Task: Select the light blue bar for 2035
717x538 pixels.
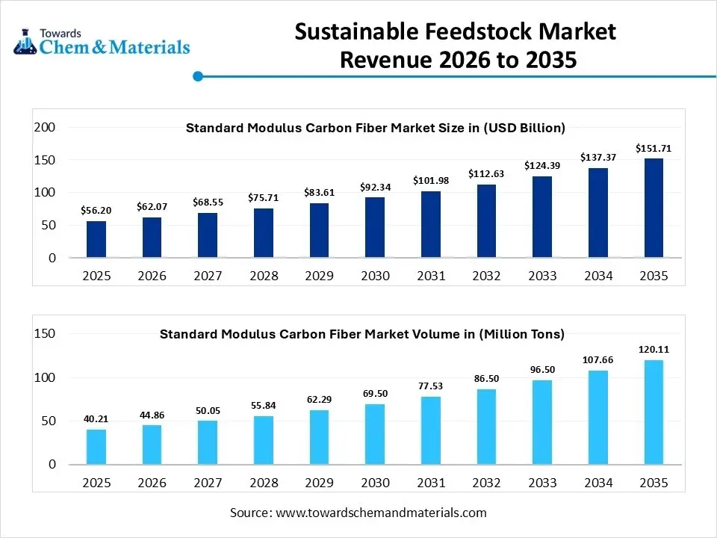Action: pyautogui.click(x=654, y=412)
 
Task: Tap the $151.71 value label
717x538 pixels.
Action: pyautogui.click(x=654, y=149)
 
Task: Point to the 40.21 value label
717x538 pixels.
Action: pyautogui.click(x=96, y=419)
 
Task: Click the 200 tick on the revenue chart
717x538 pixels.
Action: pyautogui.click(x=46, y=128)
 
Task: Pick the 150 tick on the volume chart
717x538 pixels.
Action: pyautogui.click(x=46, y=334)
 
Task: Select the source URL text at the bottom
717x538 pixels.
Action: pyautogui.click(x=358, y=513)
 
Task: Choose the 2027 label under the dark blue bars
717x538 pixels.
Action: pyautogui.click(x=208, y=276)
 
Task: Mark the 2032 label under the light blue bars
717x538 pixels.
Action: pyautogui.click(x=486, y=483)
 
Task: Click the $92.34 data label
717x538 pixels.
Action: pyautogui.click(x=375, y=185)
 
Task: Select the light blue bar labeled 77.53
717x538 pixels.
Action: pyautogui.click(x=431, y=430)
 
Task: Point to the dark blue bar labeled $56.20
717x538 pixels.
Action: pyautogui.click(x=96, y=239)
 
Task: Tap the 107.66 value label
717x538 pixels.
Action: pyautogui.click(x=597, y=359)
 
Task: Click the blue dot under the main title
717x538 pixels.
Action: pyautogui.click(x=198, y=76)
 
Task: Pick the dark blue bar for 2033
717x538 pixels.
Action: pyautogui.click(x=542, y=217)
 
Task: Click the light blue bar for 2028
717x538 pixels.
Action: pyautogui.click(x=264, y=440)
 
